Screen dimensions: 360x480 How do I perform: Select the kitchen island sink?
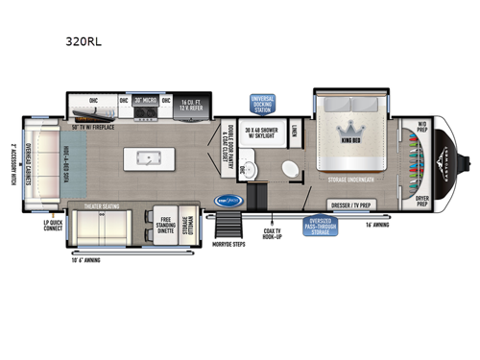pyautogui.click(x=149, y=157)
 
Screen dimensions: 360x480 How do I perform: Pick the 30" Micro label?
pyautogui.click(x=145, y=100)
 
